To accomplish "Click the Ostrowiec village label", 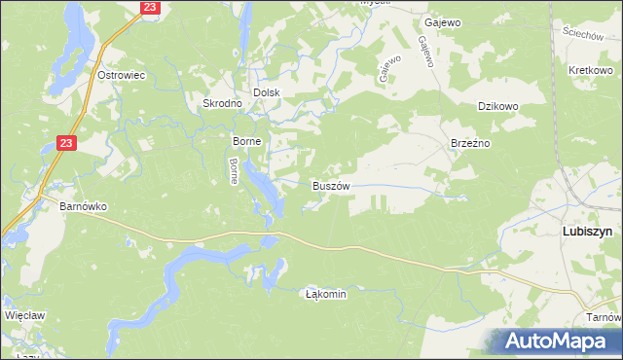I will point(122,75).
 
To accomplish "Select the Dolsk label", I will point(267,92).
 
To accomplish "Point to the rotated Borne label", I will point(234,171).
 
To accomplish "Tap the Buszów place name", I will point(330,184).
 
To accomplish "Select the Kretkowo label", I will point(589,72).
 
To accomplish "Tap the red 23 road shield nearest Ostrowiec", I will point(149,7).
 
